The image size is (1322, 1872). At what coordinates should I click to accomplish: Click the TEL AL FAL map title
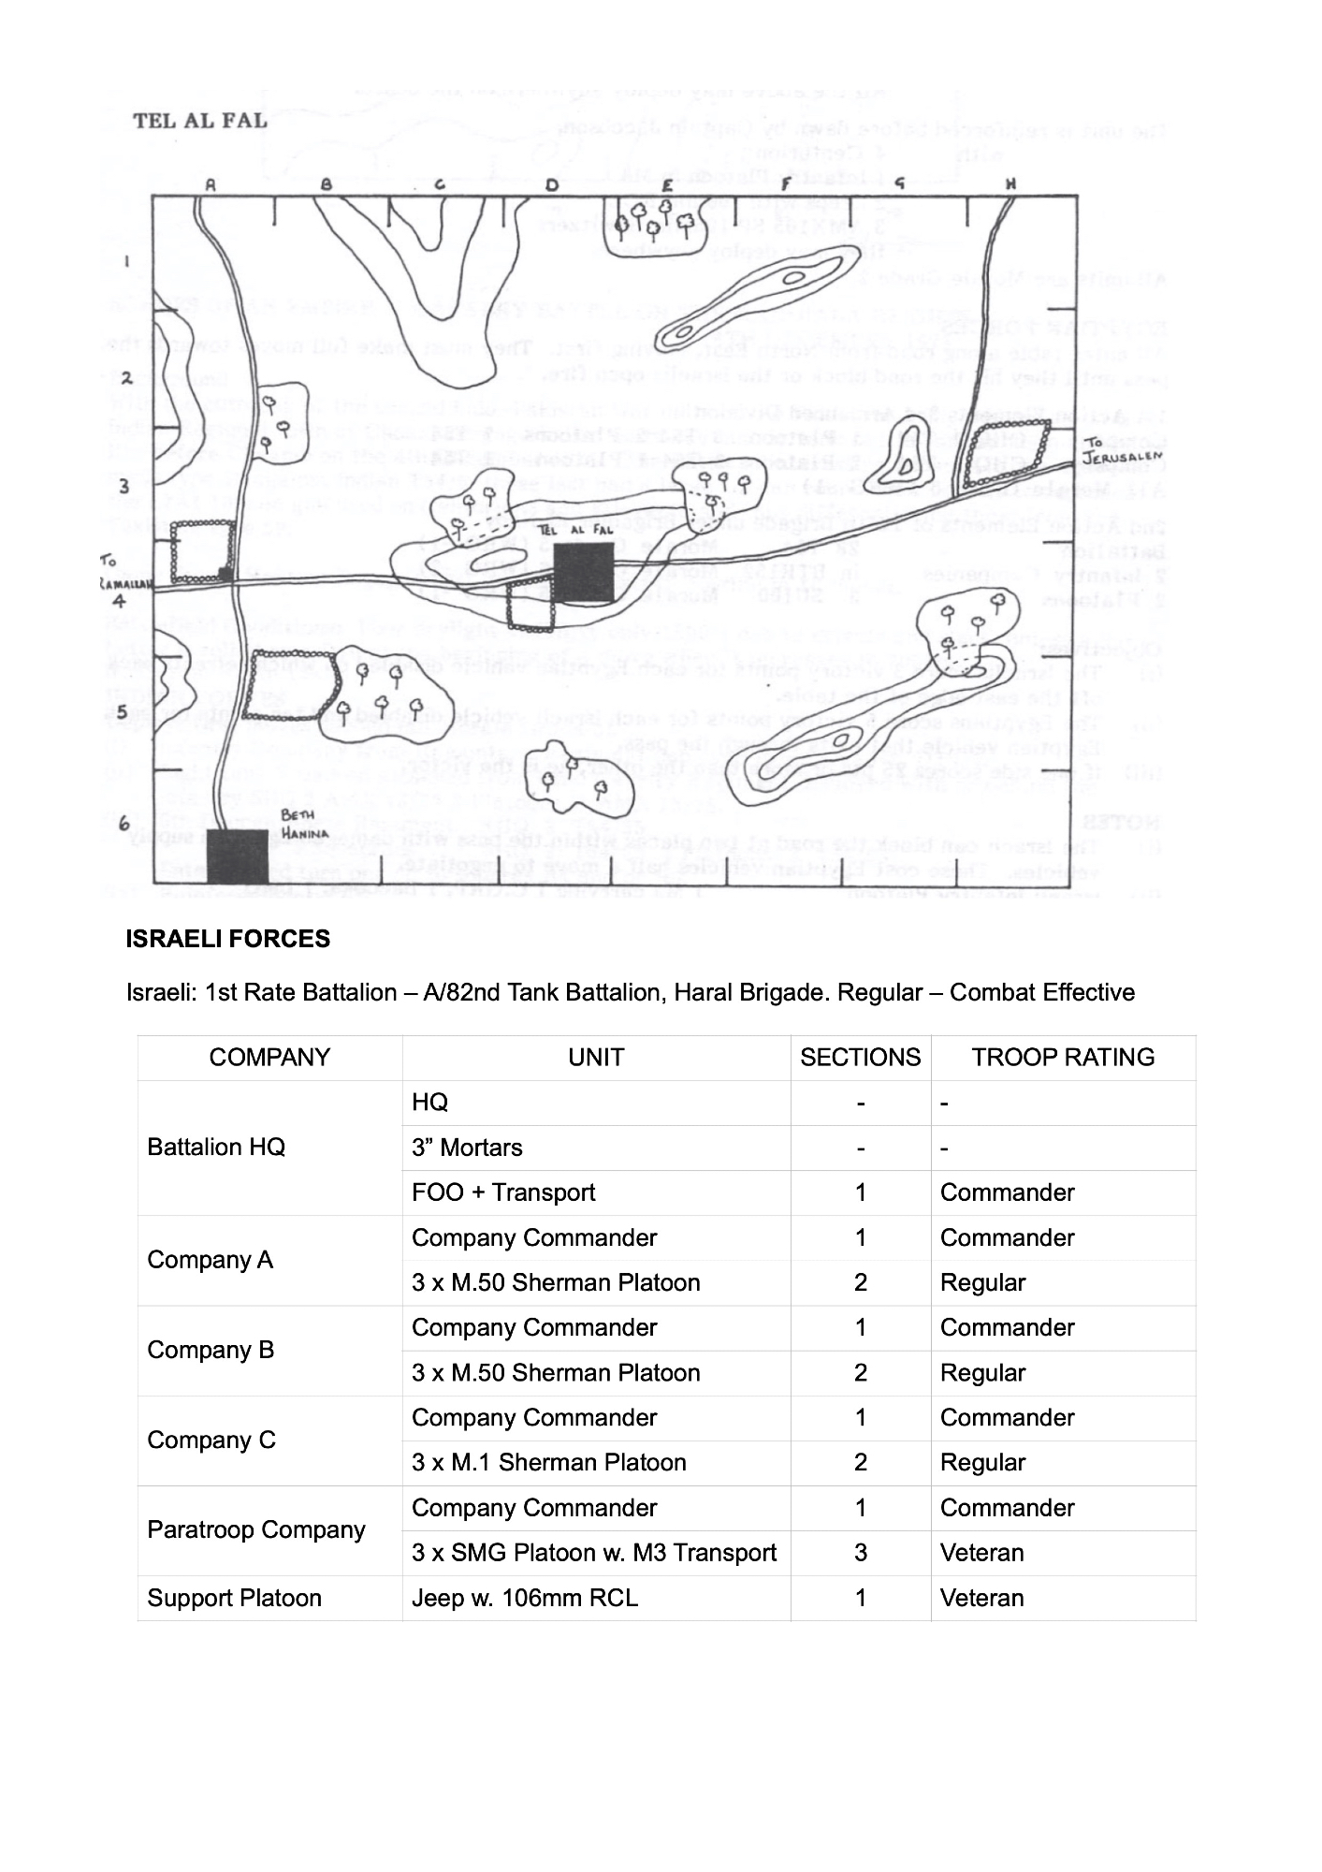200,121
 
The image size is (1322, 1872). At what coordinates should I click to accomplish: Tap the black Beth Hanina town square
238,856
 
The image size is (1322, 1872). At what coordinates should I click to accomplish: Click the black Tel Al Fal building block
583,571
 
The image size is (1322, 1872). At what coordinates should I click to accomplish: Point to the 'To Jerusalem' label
1123,452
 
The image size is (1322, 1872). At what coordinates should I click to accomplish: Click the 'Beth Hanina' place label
305,824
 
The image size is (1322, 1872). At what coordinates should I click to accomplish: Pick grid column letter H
1010,184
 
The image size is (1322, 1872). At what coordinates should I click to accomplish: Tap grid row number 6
123,823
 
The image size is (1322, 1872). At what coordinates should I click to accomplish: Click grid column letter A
211,185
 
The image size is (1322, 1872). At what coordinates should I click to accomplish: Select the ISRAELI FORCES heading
227,939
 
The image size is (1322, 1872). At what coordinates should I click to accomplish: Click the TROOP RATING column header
1063,1058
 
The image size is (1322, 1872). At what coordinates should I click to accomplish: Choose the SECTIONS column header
860,1058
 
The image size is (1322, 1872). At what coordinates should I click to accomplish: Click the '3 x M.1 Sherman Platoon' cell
548,1463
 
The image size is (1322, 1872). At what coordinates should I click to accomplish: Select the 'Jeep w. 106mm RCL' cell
524,1599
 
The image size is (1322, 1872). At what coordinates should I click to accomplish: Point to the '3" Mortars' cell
467,1148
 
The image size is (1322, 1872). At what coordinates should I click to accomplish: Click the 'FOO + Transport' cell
502,1192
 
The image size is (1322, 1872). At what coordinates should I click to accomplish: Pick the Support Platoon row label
234,1599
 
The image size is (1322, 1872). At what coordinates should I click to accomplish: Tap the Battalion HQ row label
215,1148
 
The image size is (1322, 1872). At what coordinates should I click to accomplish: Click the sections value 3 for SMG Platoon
860,1554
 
